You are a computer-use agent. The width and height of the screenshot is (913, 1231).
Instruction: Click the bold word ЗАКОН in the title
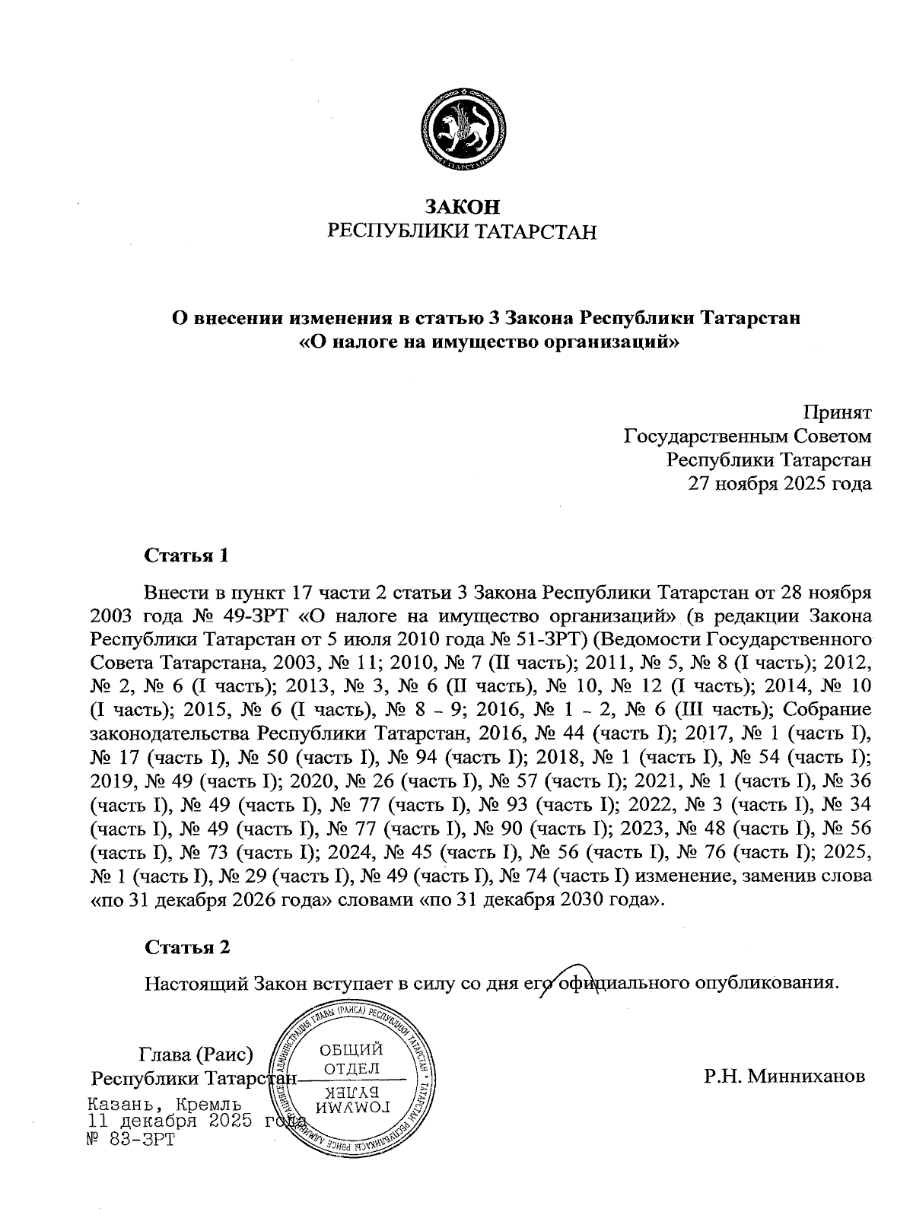coord(462,206)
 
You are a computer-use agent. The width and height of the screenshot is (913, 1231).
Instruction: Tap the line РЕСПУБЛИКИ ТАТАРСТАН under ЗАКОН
coord(462,231)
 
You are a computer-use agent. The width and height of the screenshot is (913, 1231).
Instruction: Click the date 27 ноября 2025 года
coord(780,482)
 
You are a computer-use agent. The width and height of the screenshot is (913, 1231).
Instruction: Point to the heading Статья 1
coord(186,555)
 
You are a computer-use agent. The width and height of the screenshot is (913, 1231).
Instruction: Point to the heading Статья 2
coord(186,947)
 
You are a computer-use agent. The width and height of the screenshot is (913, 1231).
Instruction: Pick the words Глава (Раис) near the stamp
coord(196,1054)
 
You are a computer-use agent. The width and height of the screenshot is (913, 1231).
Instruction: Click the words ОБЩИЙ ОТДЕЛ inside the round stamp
coord(351,1059)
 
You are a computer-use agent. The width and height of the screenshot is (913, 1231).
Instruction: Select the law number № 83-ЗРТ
coord(132,1139)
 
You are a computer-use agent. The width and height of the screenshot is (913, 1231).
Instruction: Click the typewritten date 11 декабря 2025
coord(171,1121)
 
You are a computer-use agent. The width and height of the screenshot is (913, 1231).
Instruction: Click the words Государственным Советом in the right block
coord(746,437)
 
